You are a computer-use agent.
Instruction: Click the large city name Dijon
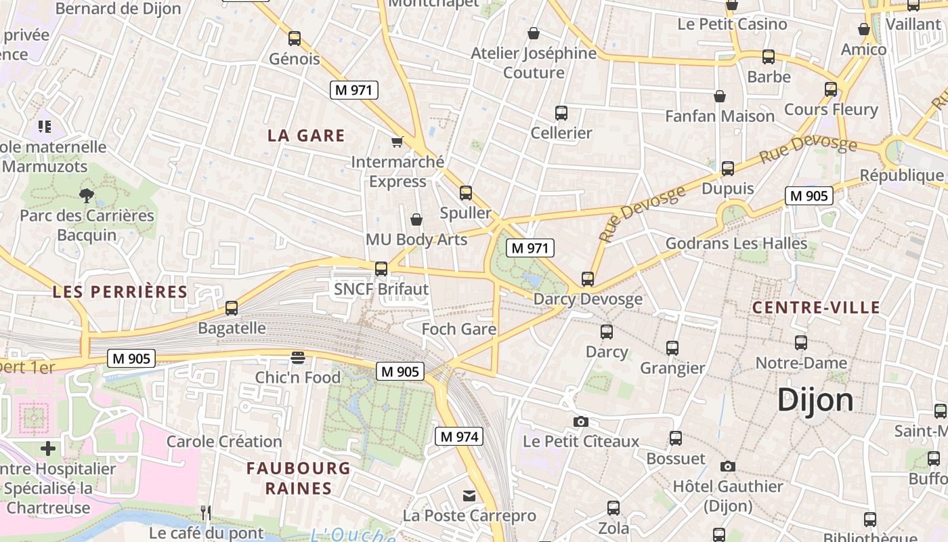pos(815,400)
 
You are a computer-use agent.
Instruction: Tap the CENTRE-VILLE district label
pos(816,308)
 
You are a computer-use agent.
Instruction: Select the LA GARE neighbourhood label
pos(306,135)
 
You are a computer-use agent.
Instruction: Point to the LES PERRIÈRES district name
pos(120,292)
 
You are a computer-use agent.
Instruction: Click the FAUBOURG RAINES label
pos(299,478)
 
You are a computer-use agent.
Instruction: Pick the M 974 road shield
pos(459,437)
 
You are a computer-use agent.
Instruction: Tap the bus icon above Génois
pos(294,39)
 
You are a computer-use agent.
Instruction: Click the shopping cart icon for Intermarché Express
pos(397,142)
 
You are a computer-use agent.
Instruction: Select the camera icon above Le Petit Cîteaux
pos(580,421)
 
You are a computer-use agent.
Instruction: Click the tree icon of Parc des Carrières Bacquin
pos(86,196)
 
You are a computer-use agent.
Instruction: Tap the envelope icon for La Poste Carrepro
pos(469,496)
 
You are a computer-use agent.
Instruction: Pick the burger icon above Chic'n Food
pos(298,357)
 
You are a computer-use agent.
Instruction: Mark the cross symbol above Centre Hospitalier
pos(48,449)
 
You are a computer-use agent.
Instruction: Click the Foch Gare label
pos(459,329)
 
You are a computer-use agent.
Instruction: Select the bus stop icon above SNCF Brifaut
pos(381,269)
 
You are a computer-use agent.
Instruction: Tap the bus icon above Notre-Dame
pos(801,343)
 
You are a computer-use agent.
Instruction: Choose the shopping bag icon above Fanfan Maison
pos(720,96)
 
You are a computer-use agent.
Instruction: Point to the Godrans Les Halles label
pos(736,243)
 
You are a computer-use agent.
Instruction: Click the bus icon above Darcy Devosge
pos(588,278)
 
